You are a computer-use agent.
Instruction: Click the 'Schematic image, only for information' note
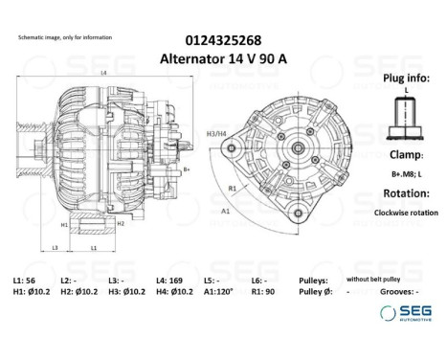coord(64,36)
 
